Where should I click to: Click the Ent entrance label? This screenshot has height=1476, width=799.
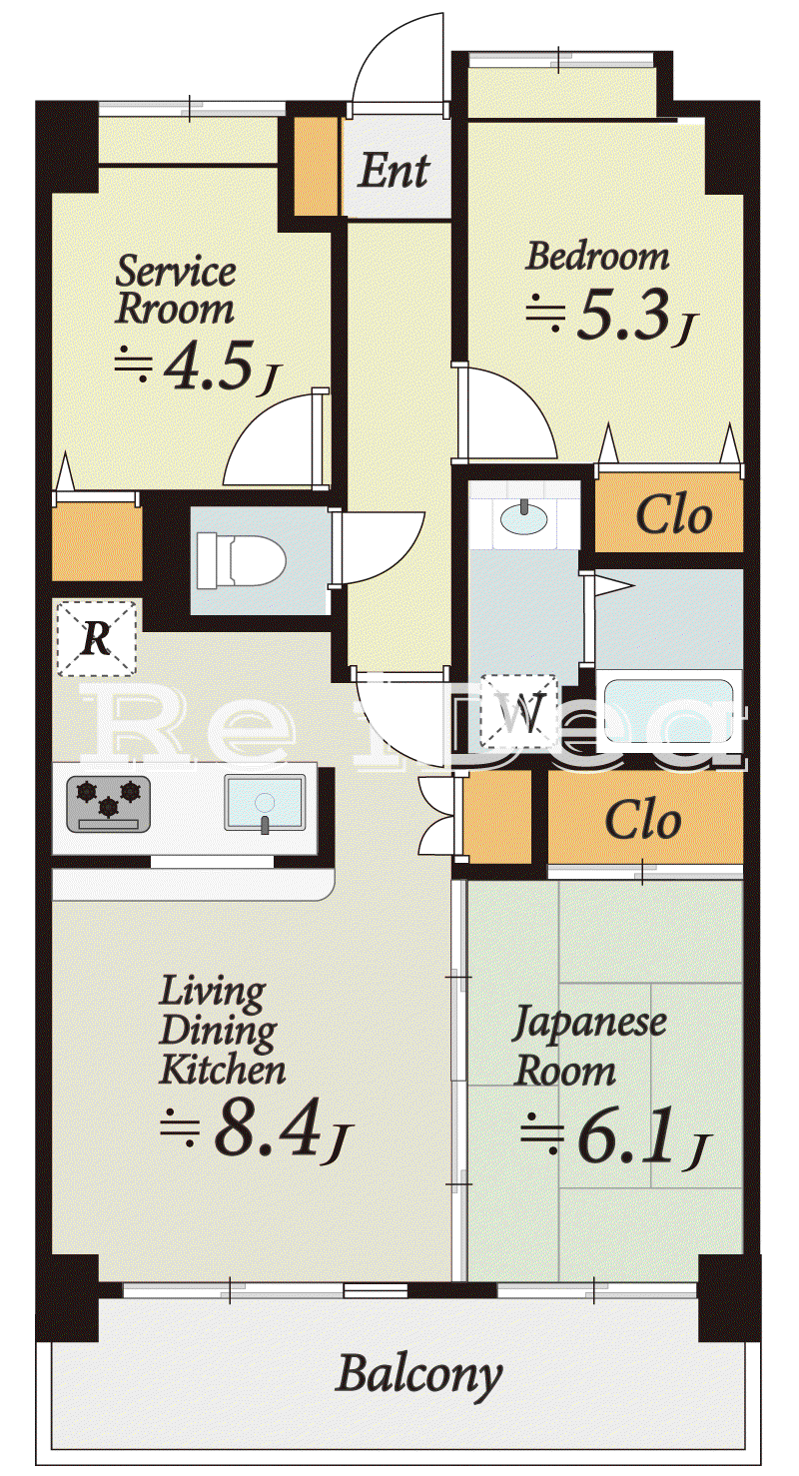click(394, 170)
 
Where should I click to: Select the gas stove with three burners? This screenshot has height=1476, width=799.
click(108, 804)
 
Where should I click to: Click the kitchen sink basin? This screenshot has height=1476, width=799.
click(265, 803)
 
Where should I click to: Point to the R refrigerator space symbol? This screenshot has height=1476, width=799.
click(97, 638)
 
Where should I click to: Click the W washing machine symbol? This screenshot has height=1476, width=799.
click(518, 712)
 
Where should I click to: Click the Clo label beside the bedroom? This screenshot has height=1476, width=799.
click(673, 515)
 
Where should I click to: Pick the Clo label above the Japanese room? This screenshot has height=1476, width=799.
click(643, 820)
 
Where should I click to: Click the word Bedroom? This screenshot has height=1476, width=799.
click(596, 257)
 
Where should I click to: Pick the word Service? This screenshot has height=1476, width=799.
click(176, 271)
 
